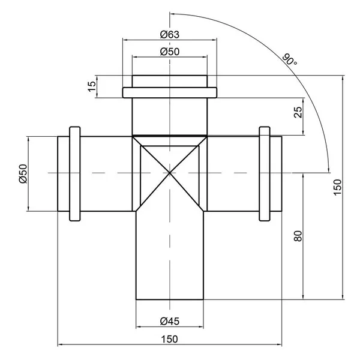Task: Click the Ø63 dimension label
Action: point(170,34)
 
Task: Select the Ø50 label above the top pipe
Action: point(170,52)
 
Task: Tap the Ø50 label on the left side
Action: point(23,173)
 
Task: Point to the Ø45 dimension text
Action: point(170,321)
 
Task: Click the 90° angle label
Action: point(289,59)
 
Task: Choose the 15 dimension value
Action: point(92,86)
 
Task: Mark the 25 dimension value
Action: point(298,112)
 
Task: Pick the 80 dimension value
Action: point(298,236)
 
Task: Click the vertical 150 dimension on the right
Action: point(337,187)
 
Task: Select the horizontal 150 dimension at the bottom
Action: point(169,339)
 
